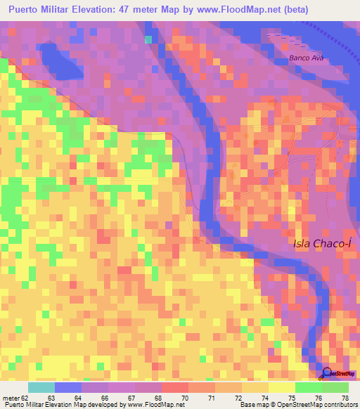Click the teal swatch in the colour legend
click(x=41, y=387)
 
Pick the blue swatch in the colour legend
click(x=67, y=387)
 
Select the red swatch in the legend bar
click(x=174, y=387)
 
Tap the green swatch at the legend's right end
click(x=335, y=387)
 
